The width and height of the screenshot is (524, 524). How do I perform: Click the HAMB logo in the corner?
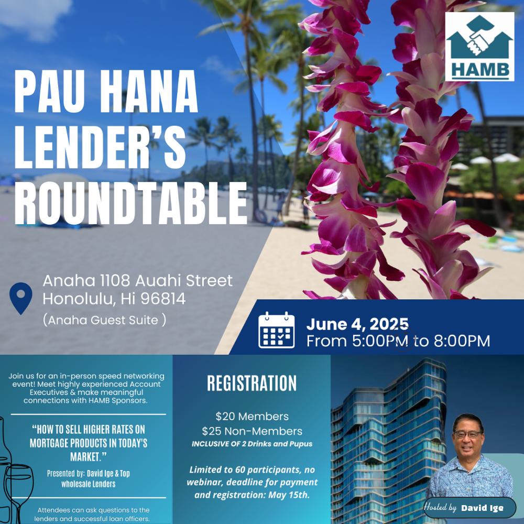[x=479, y=47]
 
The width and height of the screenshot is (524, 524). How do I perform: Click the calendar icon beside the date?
[x=276, y=330]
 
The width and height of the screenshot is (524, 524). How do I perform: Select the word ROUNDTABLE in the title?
[x=130, y=204]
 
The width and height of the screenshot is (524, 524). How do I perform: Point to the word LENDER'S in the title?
[x=100, y=147]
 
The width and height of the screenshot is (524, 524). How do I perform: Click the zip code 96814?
[x=163, y=299]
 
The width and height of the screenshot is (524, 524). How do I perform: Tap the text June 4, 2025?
[x=357, y=324]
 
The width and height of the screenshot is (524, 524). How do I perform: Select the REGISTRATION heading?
[x=252, y=383]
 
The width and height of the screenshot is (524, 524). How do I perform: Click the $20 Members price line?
[x=252, y=417]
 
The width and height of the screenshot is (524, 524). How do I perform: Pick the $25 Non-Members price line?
[x=252, y=431]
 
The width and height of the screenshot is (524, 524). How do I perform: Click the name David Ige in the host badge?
[x=482, y=508]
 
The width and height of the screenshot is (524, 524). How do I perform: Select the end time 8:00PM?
[x=462, y=341]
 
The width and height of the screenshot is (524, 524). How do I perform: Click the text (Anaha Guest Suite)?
[x=104, y=320]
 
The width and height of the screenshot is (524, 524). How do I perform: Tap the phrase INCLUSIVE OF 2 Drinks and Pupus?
[x=252, y=444]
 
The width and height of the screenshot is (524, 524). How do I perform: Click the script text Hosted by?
[x=440, y=507]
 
